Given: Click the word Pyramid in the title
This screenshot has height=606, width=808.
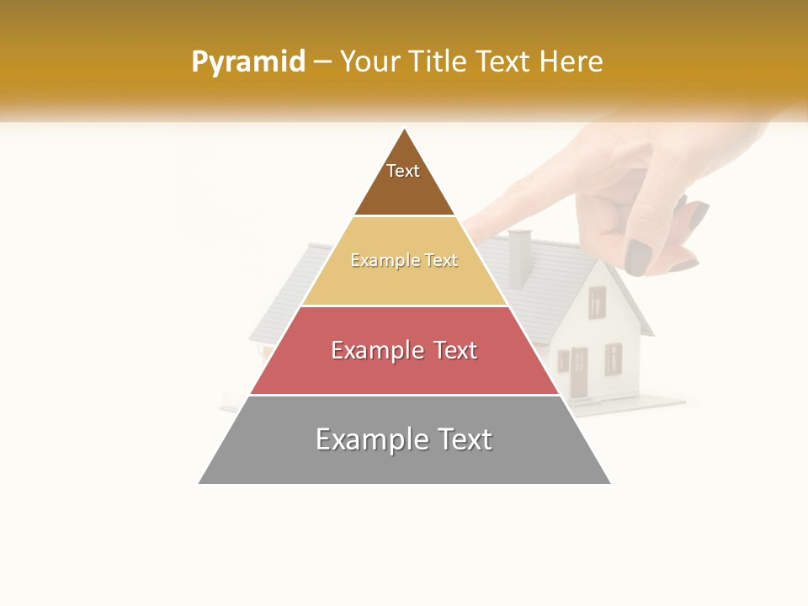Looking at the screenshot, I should (247, 62).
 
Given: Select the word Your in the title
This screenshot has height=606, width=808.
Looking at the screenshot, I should (368, 61).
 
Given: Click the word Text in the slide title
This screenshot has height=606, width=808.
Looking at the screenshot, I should (502, 61).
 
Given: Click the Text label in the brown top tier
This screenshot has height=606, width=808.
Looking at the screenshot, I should (403, 171).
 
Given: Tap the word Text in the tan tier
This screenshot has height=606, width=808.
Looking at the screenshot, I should (441, 261).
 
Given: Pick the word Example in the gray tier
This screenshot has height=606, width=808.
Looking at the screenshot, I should (371, 439).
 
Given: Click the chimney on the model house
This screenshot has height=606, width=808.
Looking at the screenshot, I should (521, 257).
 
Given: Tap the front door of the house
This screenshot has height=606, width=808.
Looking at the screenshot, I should (579, 373).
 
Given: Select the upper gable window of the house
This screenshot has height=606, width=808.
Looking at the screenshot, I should (597, 302).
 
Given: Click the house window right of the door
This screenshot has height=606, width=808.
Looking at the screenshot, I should (613, 359).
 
